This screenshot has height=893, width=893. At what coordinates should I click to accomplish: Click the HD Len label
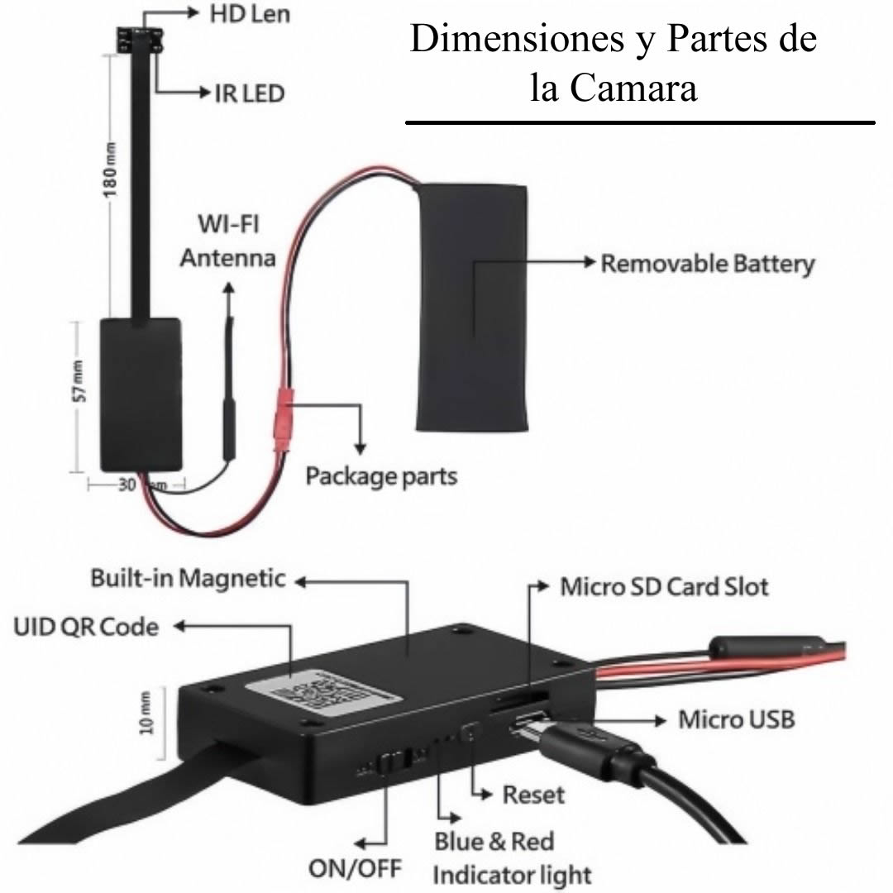250,14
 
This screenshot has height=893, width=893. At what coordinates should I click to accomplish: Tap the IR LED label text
250,93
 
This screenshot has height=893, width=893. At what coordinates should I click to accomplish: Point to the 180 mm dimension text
110,170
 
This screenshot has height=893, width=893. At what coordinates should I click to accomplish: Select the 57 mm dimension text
79,381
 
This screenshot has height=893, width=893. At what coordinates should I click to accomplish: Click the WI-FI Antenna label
228,241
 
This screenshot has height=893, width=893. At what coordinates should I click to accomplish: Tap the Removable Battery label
708,265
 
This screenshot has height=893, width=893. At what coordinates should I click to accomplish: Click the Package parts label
381,476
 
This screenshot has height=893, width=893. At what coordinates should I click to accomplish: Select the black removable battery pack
472,307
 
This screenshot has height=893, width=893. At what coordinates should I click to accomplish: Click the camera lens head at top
140,40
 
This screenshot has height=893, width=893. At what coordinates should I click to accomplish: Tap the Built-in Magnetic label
188,579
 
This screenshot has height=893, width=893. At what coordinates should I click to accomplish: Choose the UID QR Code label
86,627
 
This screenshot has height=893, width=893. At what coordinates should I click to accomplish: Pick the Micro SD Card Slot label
664,587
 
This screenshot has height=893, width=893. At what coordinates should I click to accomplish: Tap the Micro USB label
737,720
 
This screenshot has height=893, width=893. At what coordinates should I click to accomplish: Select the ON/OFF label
356,869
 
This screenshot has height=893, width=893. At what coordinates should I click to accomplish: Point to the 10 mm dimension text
147,713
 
